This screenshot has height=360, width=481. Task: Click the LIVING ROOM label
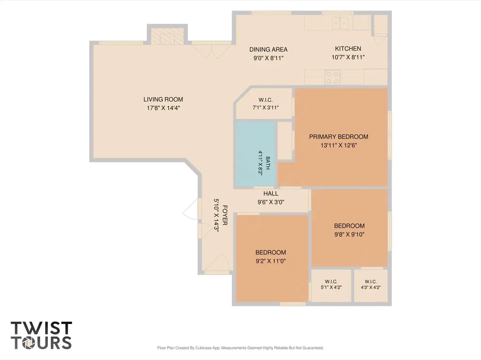pyautogui.click(x=163, y=100)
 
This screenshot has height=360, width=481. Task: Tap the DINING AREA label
pyautogui.click(x=268, y=49)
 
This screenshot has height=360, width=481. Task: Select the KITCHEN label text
pyautogui.click(x=348, y=48)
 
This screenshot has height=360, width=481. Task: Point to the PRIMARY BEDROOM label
pyautogui.click(x=339, y=137)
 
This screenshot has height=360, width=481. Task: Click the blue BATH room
pyautogui.click(x=256, y=154)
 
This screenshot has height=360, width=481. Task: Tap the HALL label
pyautogui.click(x=271, y=193)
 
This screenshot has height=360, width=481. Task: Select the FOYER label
pyautogui.click(x=225, y=215)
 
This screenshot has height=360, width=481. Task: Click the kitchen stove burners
pyautogui.click(x=333, y=77)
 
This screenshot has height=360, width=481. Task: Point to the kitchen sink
pyautogui.click(x=340, y=23)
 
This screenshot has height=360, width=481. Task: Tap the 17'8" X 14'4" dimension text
pyautogui.click(x=163, y=108)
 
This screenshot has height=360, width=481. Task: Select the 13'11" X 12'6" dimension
pyautogui.click(x=339, y=146)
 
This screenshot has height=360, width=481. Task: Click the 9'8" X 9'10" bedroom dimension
pyautogui.click(x=349, y=235)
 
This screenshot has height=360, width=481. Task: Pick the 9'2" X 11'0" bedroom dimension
pyautogui.click(x=271, y=261)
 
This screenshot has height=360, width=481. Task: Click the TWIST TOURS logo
pyautogui.click(x=41, y=335)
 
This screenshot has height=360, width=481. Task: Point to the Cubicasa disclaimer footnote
pyautogui.click(x=240, y=348)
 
